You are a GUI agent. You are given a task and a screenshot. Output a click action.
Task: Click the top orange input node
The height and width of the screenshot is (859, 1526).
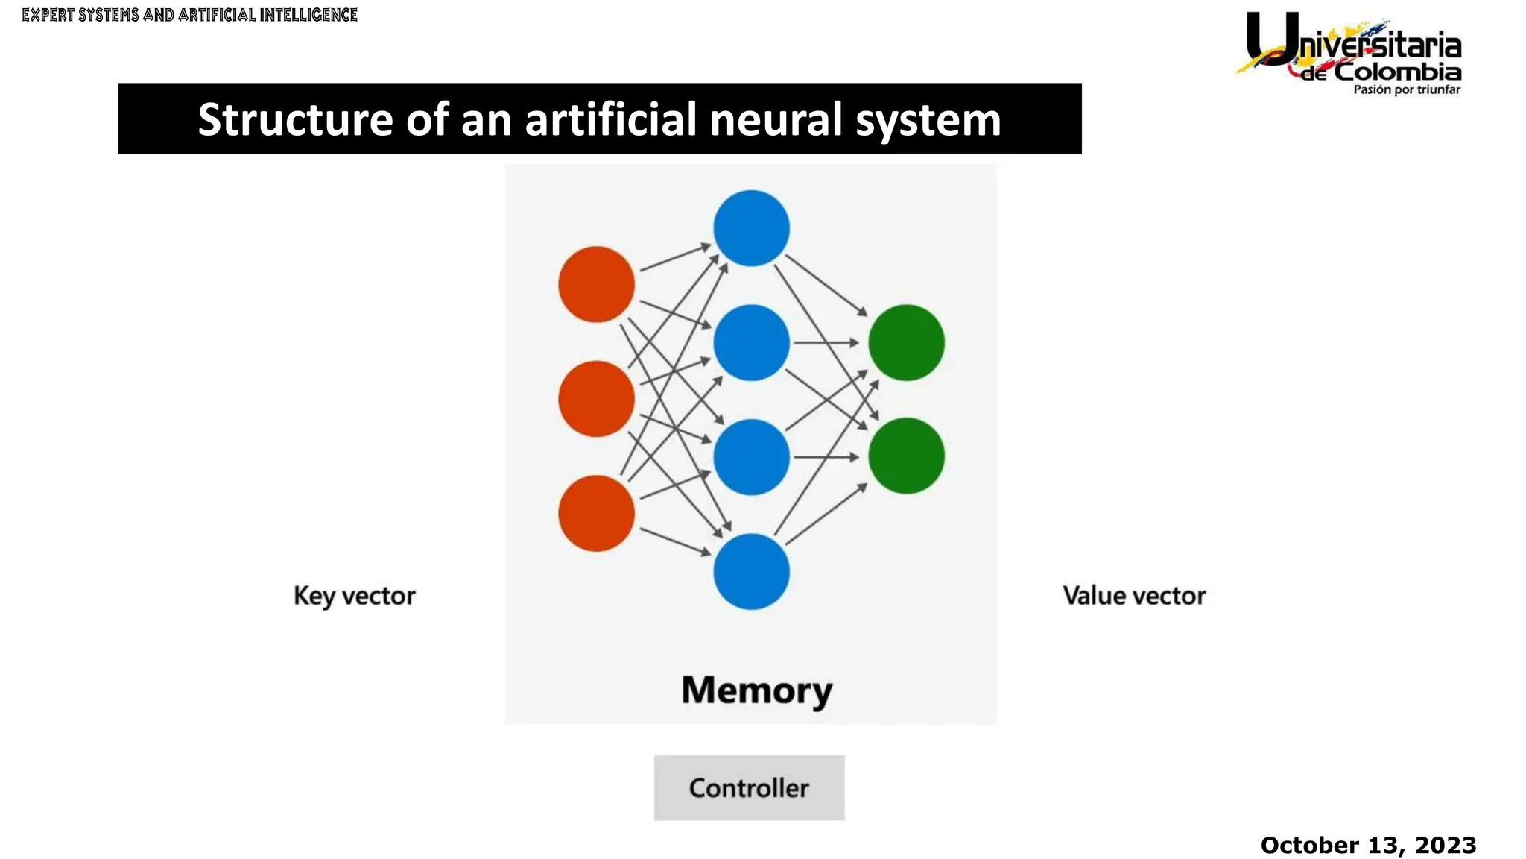[596, 284]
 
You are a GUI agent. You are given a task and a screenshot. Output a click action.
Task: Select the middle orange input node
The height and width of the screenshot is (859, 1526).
[596, 399]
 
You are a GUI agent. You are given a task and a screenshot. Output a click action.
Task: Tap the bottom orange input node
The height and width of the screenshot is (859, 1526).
[596, 514]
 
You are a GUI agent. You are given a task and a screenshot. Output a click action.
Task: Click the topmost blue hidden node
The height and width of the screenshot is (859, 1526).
[751, 228]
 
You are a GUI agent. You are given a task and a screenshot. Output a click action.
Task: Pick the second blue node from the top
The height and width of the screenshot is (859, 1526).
[751, 343]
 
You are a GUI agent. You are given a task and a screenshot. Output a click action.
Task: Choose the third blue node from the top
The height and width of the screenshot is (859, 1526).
[751, 457]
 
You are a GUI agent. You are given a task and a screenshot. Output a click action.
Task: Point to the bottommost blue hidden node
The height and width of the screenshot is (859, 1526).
[751, 572]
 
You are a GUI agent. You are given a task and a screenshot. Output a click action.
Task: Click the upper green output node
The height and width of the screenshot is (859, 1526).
[906, 343]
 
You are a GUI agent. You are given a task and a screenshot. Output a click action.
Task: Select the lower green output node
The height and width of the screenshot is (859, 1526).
[906, 456]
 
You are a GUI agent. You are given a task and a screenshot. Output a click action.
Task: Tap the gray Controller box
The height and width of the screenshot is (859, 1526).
[749, 788]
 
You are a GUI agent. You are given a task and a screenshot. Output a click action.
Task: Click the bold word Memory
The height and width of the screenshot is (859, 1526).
[756, 690]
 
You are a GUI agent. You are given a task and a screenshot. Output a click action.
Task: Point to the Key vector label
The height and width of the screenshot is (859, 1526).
[354, 596]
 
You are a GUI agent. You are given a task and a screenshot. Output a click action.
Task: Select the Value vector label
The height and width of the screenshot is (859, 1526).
[1133, 596]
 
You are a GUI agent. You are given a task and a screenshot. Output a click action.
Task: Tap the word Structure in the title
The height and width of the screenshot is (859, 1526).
[295, 119]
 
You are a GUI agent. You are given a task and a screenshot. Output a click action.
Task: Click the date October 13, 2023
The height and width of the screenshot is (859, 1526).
[1368, 845]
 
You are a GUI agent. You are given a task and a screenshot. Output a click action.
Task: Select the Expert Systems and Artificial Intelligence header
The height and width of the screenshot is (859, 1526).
[189, 15]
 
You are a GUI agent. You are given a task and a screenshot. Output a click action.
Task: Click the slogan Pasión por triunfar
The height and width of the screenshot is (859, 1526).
[1406, 90]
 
